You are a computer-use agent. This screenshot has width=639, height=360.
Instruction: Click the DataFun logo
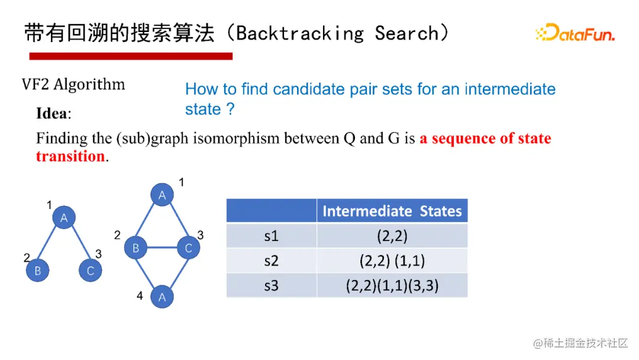[x=575, y=33]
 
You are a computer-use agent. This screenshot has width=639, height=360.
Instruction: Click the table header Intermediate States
[x=392, y=211]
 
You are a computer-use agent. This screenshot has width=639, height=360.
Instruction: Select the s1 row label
[x=272, y=236]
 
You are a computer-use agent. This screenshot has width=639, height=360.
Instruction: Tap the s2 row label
[x=272, y=261]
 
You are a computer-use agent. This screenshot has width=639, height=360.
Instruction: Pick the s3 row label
[x=272, y=285]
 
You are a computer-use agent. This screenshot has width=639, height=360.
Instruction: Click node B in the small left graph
[x=37, y=271]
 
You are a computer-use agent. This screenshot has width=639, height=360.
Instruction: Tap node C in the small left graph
[x=91, y=271]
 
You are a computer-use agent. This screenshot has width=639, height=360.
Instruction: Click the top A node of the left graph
[x=64, y=218]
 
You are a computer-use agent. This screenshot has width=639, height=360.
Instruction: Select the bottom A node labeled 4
[x=162, y=297]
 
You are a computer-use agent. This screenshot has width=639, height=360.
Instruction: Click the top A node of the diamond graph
[x=162, y=195]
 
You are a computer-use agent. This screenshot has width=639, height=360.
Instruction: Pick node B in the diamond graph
[x=135, y=247]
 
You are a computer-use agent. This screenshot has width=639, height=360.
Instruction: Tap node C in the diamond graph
[x=189, y=247]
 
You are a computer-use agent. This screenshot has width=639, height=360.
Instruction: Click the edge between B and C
[x=162, y=247]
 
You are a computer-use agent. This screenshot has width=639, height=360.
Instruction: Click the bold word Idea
[x=52, y=113]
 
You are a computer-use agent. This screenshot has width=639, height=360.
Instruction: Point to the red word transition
[x=70, y=156]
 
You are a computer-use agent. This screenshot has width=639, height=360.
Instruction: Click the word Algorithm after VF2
[x=89, y=85]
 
